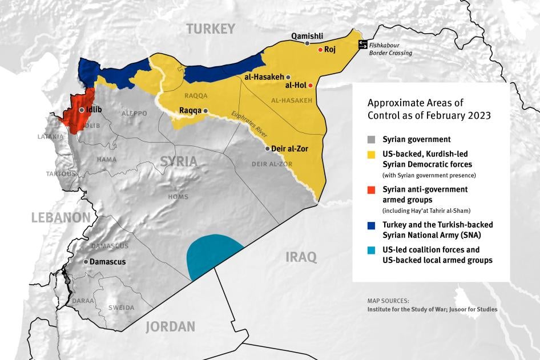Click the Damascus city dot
point(86,261)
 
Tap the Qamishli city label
point(307,36)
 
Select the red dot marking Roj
point(320,50)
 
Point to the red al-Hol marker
point(311,86)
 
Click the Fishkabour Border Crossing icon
point(362,45)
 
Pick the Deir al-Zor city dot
point(268,148)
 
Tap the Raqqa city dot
point(205,111)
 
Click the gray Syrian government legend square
point(372,139)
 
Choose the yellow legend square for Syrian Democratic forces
point(372,154)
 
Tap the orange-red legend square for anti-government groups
point(372,189)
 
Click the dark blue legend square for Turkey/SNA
point(372,225)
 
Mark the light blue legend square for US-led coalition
point(372,250)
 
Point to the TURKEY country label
point(211,29)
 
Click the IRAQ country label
point(301,257)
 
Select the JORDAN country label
point(170,327)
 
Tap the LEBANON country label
point(61,217)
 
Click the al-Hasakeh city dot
point(289,76)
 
